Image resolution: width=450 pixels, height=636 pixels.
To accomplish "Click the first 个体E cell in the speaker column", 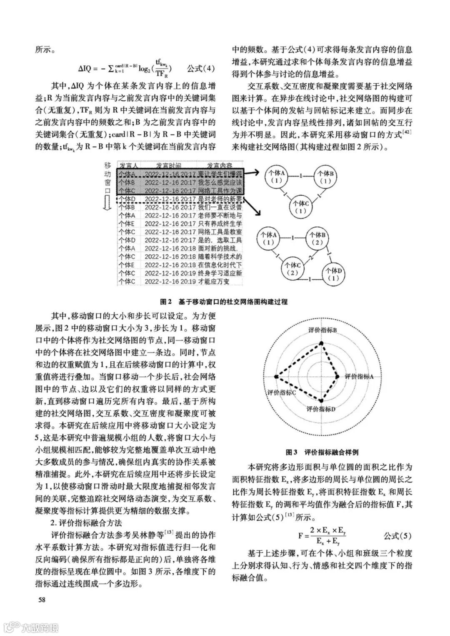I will (x=127, y=223).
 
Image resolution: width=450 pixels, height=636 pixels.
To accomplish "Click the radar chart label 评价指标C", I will (x=282, y=393).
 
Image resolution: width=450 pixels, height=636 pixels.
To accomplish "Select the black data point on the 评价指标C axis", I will (x=276, y=376).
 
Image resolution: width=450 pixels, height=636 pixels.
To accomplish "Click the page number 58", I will (x=42, y=600).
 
